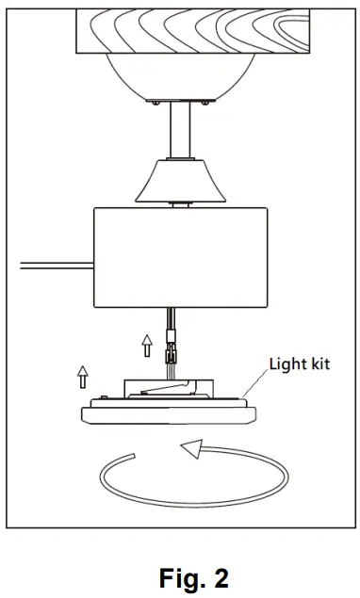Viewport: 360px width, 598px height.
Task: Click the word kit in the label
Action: coord(320,363)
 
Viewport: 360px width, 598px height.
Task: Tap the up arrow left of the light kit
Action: coord(84,378)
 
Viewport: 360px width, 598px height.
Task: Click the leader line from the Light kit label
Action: coord(254,385)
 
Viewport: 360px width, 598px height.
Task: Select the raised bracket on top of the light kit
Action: coord(170,384)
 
